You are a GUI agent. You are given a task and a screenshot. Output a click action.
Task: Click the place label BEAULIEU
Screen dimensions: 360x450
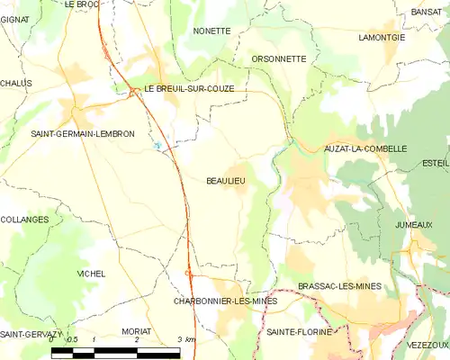(226, 181)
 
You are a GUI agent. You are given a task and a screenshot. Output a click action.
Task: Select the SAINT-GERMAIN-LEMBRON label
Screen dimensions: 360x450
(83, 134)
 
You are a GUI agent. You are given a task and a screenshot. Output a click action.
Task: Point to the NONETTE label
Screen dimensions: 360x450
(212, 31)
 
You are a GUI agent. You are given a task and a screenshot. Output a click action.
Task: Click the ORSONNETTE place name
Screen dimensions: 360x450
(279, 58)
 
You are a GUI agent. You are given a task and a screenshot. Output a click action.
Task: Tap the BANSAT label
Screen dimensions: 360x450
(426, 12)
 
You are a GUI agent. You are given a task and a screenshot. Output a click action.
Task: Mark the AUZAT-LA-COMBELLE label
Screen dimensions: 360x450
(365, 148)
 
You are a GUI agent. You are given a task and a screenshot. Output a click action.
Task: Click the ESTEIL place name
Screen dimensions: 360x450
(435, 163)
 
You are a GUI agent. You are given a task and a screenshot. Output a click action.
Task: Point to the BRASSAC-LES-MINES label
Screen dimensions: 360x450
(339, 286)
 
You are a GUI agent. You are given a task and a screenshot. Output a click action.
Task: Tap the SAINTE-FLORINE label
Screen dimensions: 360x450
(295, 332)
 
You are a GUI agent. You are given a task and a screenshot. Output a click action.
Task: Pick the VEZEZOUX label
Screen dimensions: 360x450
(427, 345)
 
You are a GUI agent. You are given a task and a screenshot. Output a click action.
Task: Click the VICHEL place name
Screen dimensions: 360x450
(91, 273)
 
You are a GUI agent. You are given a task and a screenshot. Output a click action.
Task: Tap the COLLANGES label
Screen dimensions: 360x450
(24, 219)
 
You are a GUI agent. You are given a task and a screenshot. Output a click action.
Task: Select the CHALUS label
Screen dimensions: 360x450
(16, 83)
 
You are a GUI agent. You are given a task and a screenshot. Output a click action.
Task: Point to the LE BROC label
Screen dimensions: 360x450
(82, 4)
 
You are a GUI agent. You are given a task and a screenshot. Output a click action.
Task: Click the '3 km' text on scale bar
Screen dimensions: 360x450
(185, 339)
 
